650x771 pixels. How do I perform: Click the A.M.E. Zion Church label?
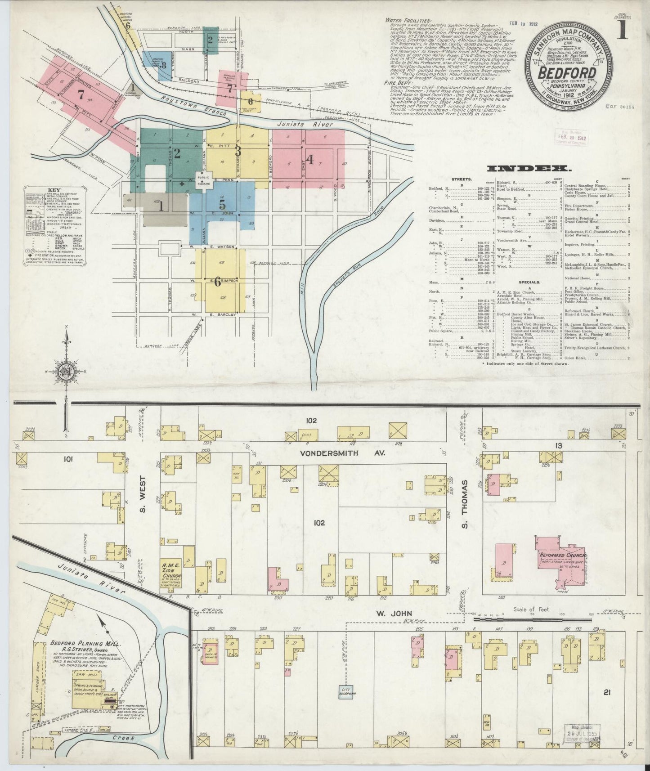172,570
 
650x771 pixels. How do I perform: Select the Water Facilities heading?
408,20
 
